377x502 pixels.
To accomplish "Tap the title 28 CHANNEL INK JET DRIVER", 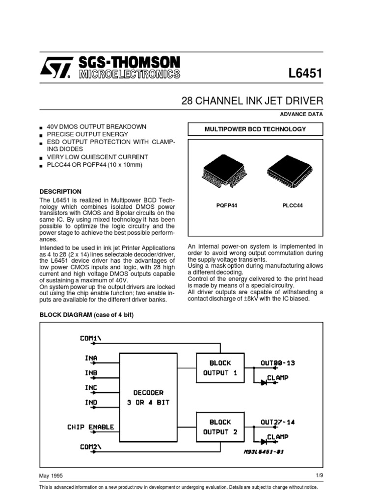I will (x=252, y=101).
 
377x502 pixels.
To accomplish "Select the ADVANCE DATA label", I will (x=301, y=114).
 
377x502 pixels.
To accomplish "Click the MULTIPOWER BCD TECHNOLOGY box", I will (x=254, y=129).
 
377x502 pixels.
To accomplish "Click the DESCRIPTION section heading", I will (x=60, y=191).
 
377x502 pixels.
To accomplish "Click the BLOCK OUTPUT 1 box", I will (x=219, y=368).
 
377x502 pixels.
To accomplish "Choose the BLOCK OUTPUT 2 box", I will (x=219, y=427).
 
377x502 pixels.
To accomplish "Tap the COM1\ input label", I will (x=93, y=338).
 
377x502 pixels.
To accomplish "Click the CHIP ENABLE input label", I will (x=90, y=427).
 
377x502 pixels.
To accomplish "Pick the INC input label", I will (x=91, y=388).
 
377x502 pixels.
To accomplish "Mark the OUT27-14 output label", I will (x=278, y=422).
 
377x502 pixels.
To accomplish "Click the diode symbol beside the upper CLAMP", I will (x=263, y=383).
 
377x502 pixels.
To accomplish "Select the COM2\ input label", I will (x=93, y=446).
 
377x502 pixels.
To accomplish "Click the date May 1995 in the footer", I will (x=51, y=476).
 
